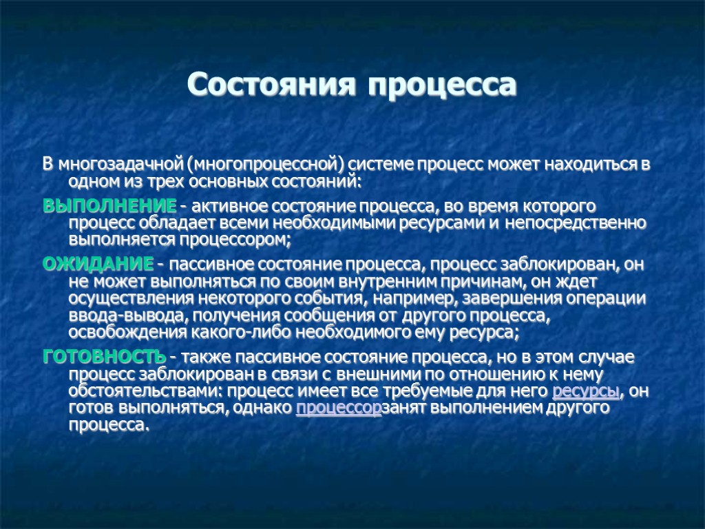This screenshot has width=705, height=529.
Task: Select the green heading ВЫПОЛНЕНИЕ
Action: point(109,206)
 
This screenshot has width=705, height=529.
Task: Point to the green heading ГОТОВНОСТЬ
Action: point(104,357)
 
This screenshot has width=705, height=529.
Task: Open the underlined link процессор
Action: point(338,408)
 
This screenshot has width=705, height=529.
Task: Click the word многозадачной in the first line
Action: point(121,166)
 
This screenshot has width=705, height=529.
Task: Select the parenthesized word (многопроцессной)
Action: point(265,166)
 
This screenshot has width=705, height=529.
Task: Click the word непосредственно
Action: point(575,223)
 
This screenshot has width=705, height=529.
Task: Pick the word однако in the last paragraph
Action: point(265,408)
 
